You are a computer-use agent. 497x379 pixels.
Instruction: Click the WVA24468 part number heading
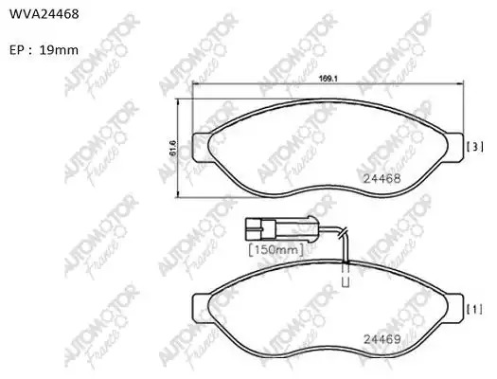pos(44,14)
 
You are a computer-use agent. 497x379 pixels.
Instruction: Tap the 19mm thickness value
pos(59,50)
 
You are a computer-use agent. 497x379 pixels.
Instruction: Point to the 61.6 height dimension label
pos(173,148)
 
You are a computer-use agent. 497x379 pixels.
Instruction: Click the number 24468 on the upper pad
pos(382,178)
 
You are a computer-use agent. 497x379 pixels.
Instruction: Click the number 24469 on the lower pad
pos(382,339)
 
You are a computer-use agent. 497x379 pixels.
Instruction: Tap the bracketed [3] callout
pos(475,147)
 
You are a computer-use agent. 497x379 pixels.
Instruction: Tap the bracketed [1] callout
pos(475,309)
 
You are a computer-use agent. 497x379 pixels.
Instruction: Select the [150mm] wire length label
pos(276,249)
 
